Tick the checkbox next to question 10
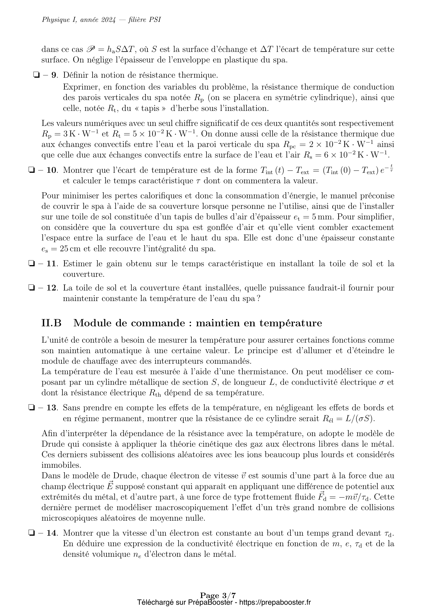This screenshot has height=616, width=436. point(31,170)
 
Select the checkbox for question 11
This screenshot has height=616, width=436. point(31,264)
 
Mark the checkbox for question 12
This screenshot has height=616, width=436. point(31,288)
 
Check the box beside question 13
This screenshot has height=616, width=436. point(31,408)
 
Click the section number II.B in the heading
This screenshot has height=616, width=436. point(52,323)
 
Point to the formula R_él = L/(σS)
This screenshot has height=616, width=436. point(348,419)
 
